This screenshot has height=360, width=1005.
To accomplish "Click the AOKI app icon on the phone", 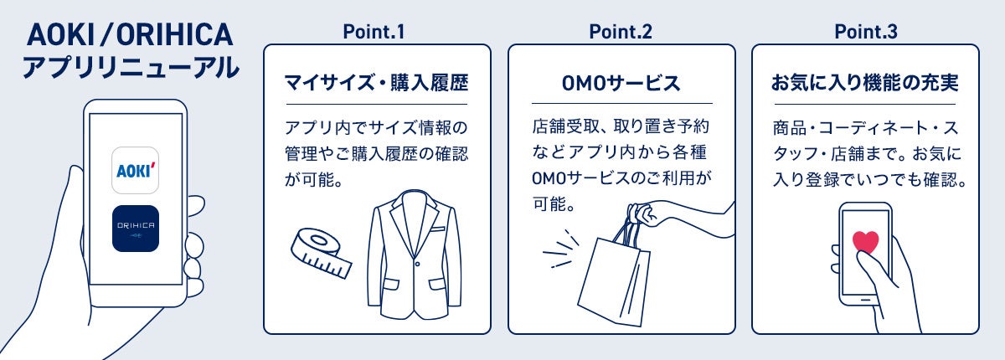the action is (135, 170).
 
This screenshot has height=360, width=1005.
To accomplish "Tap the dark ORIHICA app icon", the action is (136, 229).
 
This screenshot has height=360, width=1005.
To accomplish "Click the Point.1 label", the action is (374, 32).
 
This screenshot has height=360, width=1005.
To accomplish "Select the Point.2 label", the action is (621, 32).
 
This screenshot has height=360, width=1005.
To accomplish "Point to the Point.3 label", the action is (866, 32).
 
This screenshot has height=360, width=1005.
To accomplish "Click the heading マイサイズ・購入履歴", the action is (376, 83).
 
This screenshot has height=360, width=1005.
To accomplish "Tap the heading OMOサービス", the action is (621, 84).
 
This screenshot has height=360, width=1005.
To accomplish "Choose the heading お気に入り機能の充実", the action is (864, 83).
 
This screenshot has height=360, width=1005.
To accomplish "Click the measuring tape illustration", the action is (321, 253).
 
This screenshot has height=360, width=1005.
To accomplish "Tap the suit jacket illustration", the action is (414, 255).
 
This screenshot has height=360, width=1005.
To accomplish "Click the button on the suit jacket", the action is (417, 264).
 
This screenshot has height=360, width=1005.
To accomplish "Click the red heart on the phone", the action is (865, 242).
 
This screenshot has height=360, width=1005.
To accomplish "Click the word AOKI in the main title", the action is (60, 35).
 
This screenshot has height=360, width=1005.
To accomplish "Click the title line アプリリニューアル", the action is (131, 67).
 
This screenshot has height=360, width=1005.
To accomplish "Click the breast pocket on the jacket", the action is (438, 229).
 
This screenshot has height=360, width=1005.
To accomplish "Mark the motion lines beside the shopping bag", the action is (561, 250).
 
